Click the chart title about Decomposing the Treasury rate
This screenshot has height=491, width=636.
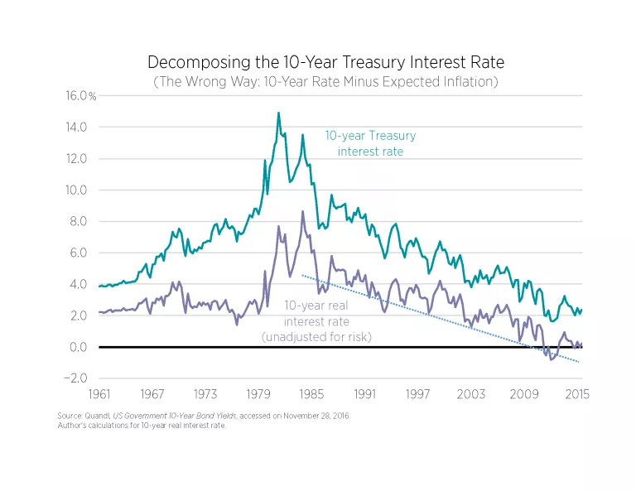[x=325, y=62]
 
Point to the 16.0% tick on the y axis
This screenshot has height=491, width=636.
[x=81, y=96]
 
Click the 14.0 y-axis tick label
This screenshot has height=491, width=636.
[x=77, y=128]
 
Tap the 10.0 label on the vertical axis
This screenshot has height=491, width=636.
[x=77, y=190]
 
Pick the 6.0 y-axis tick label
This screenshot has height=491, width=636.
[x=77, y=253]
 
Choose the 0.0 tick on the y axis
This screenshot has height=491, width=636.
[x=77, y=347]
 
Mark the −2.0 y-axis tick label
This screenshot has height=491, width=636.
[x=75, y=378]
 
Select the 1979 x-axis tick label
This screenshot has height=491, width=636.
[x=258, y=393]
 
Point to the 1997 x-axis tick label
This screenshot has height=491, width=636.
[x=418, y=393]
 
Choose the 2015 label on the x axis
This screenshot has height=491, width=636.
[x=577, y=393]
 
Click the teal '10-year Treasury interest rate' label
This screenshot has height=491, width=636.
[x=370, y=143]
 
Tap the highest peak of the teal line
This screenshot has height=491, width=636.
[x=278, y=113]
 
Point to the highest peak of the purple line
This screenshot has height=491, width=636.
[x=303, y=211]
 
